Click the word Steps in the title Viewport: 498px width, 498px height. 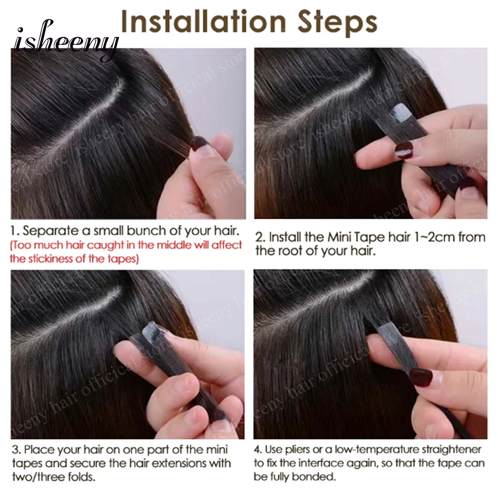337,23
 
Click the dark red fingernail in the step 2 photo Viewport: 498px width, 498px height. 404,149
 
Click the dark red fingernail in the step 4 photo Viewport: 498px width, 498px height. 420,376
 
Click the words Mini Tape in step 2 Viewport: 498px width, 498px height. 353,237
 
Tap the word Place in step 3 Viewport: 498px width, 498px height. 36,450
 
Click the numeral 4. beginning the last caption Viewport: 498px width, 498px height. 258,450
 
